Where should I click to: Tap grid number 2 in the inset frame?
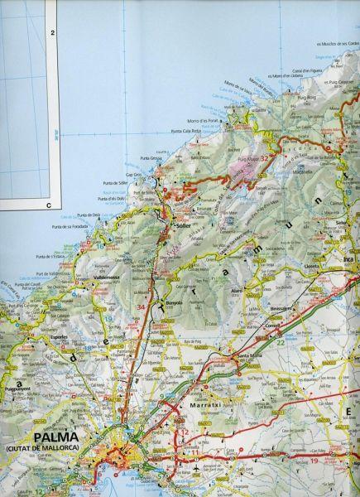point(52,33)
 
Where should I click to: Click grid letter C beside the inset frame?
point(49,204)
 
